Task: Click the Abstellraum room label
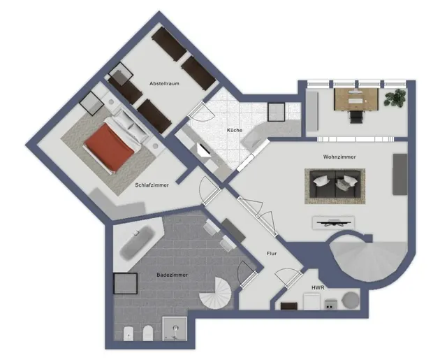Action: (165, 84)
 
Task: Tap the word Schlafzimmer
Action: (152, 185)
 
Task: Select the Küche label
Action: (235, 130)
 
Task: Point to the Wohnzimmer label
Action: (339, 157)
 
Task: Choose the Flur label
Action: (272, 253)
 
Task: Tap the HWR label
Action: (318, 288)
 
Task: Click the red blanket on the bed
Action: (110, 148)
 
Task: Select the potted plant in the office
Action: (395, 98)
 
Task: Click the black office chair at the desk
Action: (357, 117)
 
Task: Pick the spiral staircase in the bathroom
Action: (215, 293)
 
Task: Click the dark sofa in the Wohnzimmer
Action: (335, 184)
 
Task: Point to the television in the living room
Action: (334, 222)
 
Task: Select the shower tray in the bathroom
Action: (175, 329)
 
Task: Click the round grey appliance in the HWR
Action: (351, 301)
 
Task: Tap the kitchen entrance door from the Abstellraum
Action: (200, 110)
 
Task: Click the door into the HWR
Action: (288, 277)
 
